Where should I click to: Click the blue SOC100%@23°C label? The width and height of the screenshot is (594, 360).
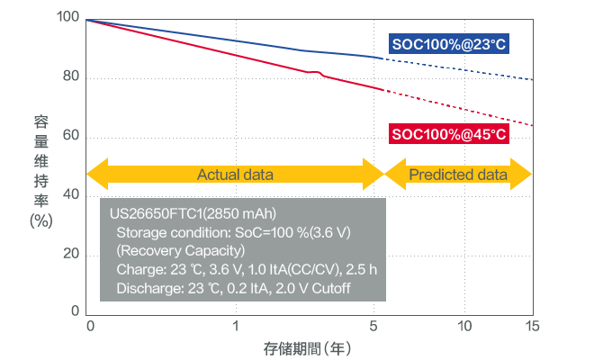point(448,44)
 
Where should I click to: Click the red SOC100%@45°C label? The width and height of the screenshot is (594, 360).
point(448,135)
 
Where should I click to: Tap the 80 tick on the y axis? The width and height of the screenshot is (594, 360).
point(70,78)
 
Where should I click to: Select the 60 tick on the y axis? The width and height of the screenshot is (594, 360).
point(70,137)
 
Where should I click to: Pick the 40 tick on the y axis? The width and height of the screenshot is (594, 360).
point(70,195)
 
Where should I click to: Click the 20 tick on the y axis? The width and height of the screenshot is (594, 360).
point(70,255)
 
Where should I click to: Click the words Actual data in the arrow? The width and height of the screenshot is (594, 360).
point(235,174)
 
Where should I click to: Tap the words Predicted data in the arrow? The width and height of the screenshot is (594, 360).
point(458,174)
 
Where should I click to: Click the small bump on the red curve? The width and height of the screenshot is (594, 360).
point(318,72)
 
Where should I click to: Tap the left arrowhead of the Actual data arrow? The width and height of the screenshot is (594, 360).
point(95,174)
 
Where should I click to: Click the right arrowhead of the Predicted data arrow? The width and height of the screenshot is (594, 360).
point(523,174)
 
